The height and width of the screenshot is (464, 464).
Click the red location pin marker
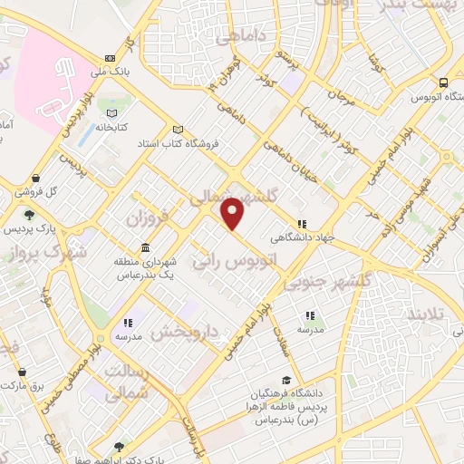[x=233, y=213]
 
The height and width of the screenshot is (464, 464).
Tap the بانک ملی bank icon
[x=110, y=56]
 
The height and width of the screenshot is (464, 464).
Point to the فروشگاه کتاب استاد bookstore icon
[x=178, y=129]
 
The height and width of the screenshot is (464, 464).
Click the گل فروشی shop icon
[x=35, y=179]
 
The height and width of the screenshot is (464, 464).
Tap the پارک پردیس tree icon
[x=30, y=215]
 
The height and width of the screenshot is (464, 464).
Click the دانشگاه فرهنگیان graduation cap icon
[x=287, y=381]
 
